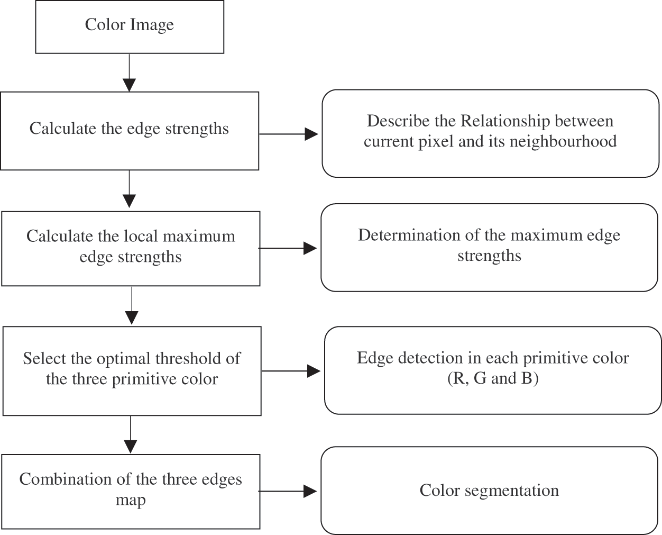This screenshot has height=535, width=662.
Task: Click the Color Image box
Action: pyautogui.click(x=130, y=26)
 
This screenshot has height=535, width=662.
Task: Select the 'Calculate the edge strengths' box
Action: pyautogui.click(x=130, y=130)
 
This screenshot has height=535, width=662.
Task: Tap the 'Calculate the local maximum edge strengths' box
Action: pyautogui.click(x=131, y=248)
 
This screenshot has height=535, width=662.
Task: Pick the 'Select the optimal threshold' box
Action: pyautogui.click(x=132, y=370)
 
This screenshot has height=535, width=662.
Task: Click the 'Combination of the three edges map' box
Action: pyautogui.click(x=131, y=491)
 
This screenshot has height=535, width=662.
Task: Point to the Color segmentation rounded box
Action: pyautogui.click(x=489, y=491)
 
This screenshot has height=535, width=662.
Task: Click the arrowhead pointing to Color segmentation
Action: pyautogui.click(x=310, y=492)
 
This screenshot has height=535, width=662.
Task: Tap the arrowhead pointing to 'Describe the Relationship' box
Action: pyautogui.click(x=311, y=134)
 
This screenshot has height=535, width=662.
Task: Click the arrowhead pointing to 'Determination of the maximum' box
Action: pyautogui.click(x=310, y=248)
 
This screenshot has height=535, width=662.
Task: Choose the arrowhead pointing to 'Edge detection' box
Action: pyautogui.click(x=314, y=371)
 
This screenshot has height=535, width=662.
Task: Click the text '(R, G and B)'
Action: pyautogui.click(x=492, y=378)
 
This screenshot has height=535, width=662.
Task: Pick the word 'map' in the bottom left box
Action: pyautogui.click(x=131, y=500)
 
